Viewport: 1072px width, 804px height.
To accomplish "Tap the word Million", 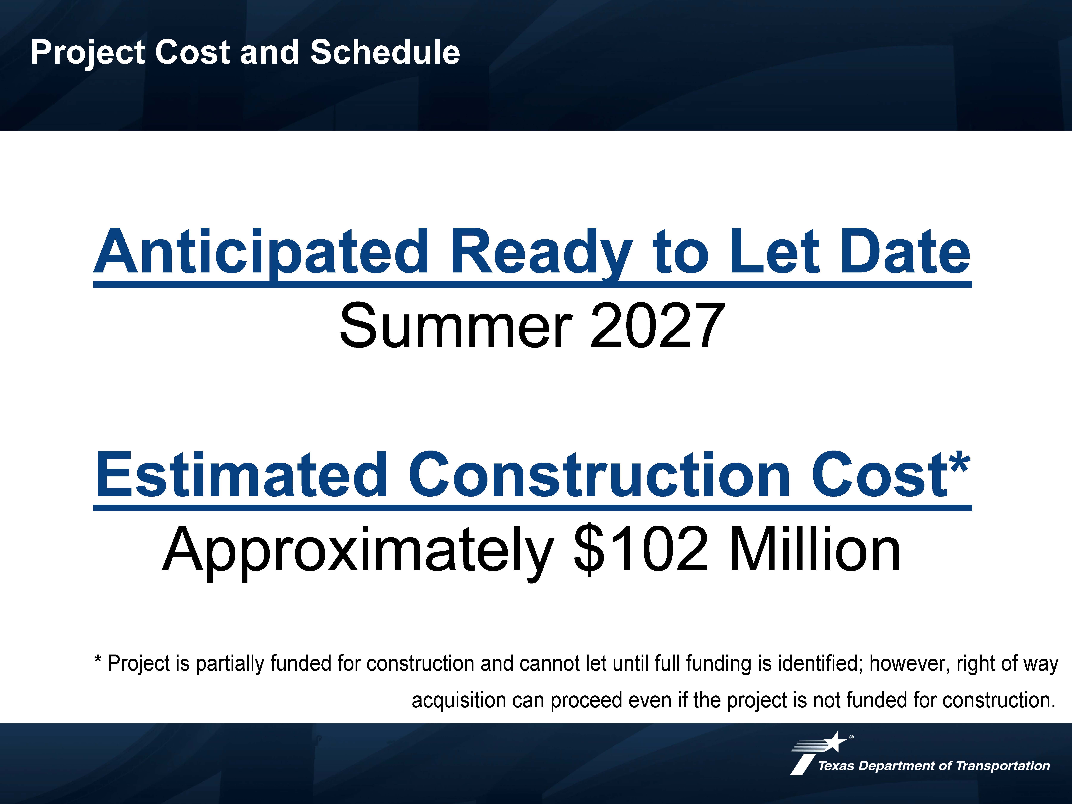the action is [814, 549].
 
